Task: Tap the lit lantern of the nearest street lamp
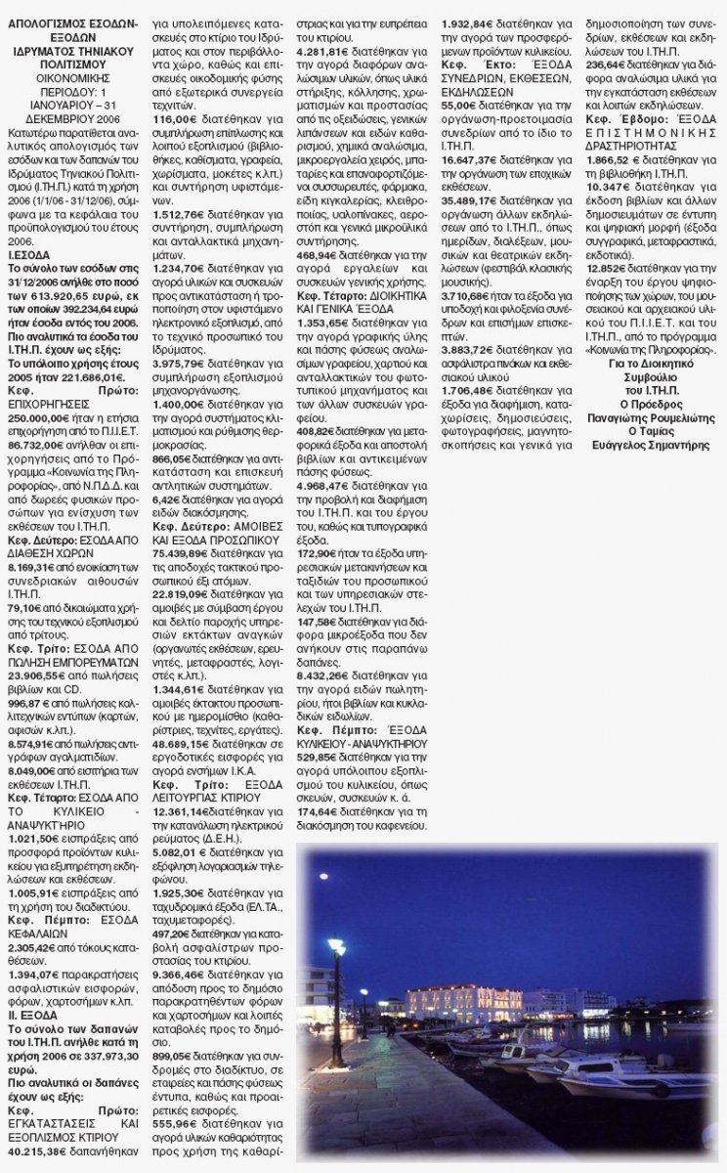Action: [x=336, y=946]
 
